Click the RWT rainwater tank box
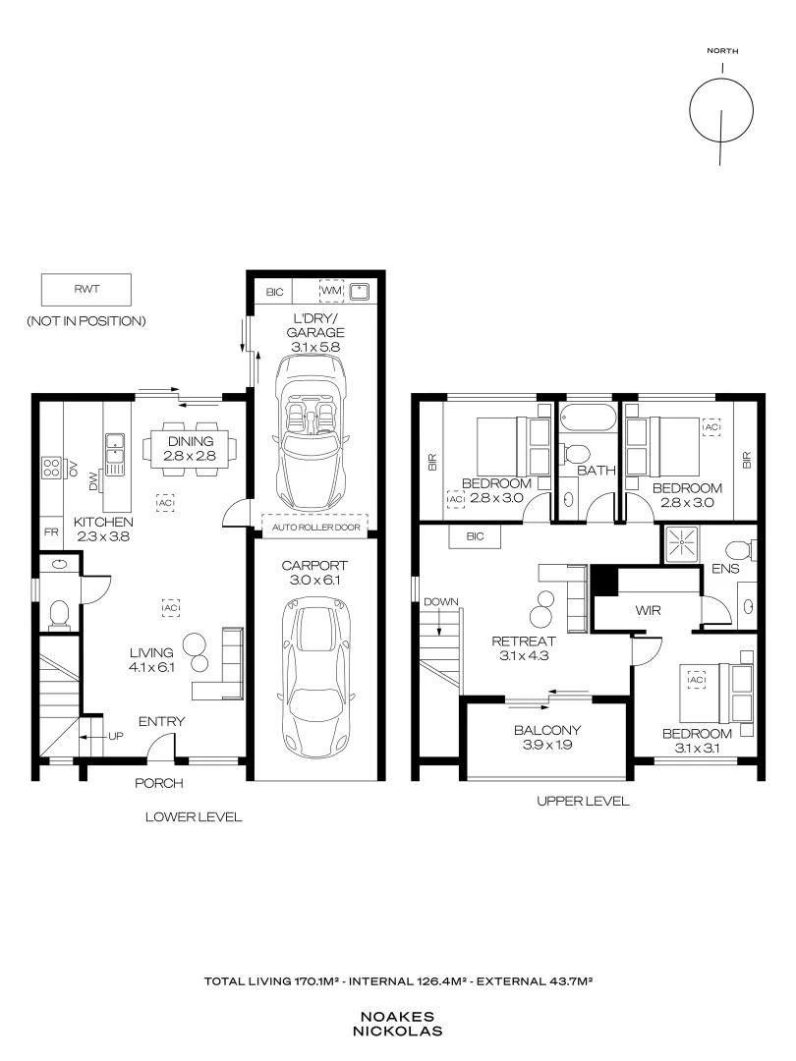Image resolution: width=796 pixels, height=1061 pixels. coord(85,290)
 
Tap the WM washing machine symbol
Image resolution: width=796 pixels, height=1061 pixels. coord(332,291)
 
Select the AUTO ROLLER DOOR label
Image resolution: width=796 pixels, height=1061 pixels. coord(316,528)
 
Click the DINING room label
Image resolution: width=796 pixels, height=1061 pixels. coord(191,441)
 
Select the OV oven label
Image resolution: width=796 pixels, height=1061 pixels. coord(74,468)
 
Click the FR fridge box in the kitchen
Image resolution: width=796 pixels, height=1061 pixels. coord(51,532)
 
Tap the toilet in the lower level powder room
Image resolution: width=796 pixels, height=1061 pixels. coord(60,614)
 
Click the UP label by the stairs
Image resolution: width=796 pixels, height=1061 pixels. coord(116,736)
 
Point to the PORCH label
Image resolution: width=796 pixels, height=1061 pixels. coord(159,783)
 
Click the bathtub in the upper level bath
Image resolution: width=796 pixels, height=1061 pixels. coord(588,417)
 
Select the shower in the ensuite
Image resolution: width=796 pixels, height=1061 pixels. coord(680,543)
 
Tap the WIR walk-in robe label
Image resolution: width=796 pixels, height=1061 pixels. coord(648,610)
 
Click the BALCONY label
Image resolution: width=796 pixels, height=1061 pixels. coord(547,730)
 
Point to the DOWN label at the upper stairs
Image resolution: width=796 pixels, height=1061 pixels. coord(440,601)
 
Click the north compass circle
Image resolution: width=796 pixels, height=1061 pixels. coord(721,110)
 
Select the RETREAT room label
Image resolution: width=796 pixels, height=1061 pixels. coord(523,641)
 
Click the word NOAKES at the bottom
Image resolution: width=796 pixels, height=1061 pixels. coord(397,1017)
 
